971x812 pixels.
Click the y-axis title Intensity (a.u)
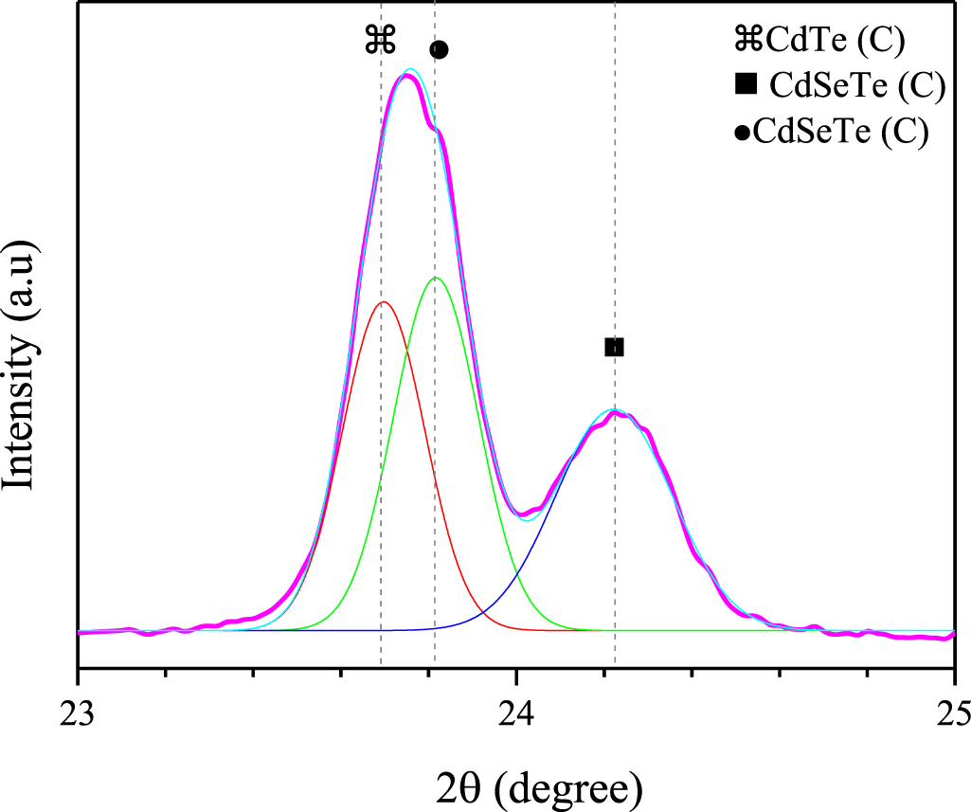point(21,365)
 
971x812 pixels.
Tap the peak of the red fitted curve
point(383,302)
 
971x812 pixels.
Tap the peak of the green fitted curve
point(436,278)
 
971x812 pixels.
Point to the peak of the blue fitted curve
point(615,411)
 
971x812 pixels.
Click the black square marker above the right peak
point(614,347)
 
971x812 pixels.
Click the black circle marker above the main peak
point(439,49)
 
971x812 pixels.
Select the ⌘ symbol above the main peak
point(380,40)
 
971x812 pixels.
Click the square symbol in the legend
point(746,85)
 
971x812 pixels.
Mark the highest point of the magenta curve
point(406,76)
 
